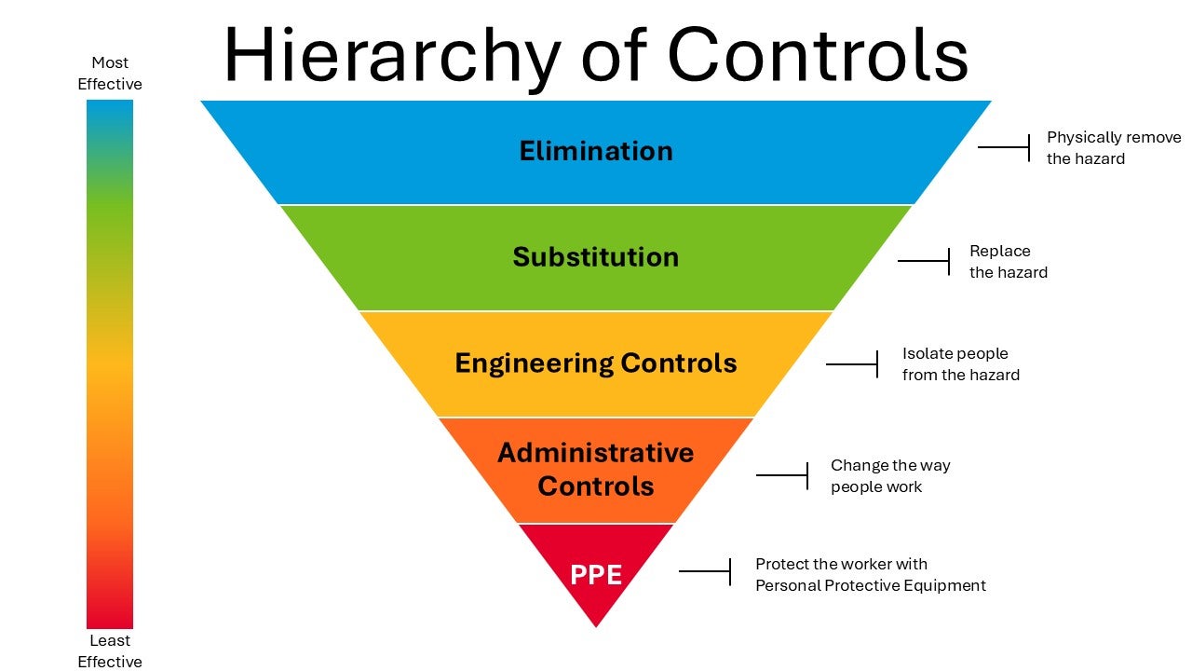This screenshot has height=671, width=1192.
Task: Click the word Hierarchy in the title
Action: tap(391, 56)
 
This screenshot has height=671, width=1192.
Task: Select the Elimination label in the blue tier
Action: tap(596, 151)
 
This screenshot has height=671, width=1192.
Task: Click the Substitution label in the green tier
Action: tap(596, 257)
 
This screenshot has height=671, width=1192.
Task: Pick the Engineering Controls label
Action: tap(596, 363)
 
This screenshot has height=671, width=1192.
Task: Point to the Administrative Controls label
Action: tap(596, 470)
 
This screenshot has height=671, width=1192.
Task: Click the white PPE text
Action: tap(596, 575)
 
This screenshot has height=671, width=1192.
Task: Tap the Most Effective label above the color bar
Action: tap(110, 74)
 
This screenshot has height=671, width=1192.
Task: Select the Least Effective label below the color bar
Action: tap(110, 650)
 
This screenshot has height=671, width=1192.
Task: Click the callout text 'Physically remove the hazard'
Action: tap(1113, 148)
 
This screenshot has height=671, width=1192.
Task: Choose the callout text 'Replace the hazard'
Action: tap(1008, 262)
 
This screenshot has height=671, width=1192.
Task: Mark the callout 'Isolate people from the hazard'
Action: tap(960, 364)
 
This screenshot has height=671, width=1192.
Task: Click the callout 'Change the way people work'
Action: tap(889, 476)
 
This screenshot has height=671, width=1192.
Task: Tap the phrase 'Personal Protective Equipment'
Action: tap(870, 586)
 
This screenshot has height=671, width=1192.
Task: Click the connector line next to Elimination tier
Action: tap(1004, 147)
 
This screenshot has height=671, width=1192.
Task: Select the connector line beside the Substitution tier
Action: tap(923, 261)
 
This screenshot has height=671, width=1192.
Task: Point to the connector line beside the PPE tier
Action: tap(704, 571)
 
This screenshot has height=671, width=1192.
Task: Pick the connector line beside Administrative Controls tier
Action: tap(781, 475)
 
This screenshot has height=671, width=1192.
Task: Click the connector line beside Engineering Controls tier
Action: tap(851, 364)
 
